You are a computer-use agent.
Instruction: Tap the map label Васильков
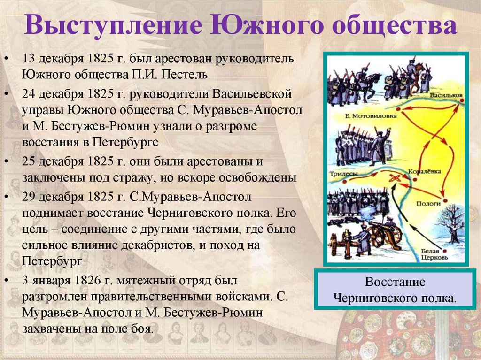pyautogui.click(x=446, y=95)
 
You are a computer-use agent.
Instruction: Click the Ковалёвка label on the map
pyautogui.click(x=424, y=172)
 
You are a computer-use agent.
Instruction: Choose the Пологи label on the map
pyautogui.click(x=428, y=204)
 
